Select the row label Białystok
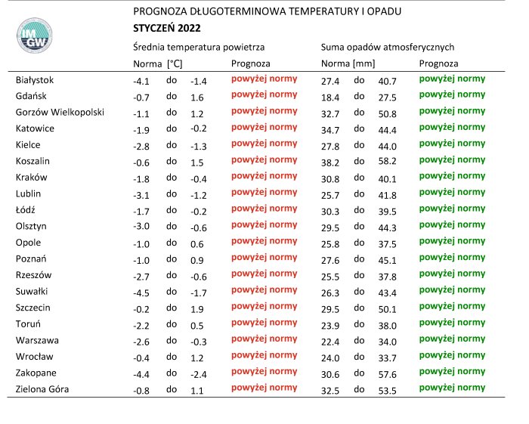pyautogui.click(x=35, y=79)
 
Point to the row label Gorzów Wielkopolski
pyautogui.click(x=60, y=112)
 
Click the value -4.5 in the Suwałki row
pyautogui.click(x=142, y=291)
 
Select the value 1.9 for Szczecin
pyautogui.click(x=197, y=308)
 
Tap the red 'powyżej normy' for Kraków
pyautogui.click(x=264, y=176)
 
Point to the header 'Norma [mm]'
pyautogui.click(x=348, y=63)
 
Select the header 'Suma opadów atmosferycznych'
pyautogui.click(x=387, y=47)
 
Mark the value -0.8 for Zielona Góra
pyautogui.click(x=142, y=389)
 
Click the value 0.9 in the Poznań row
pyautogui.click(x=197, y=258)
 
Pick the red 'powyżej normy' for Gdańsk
pyautogui.click(x=264, y=95)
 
